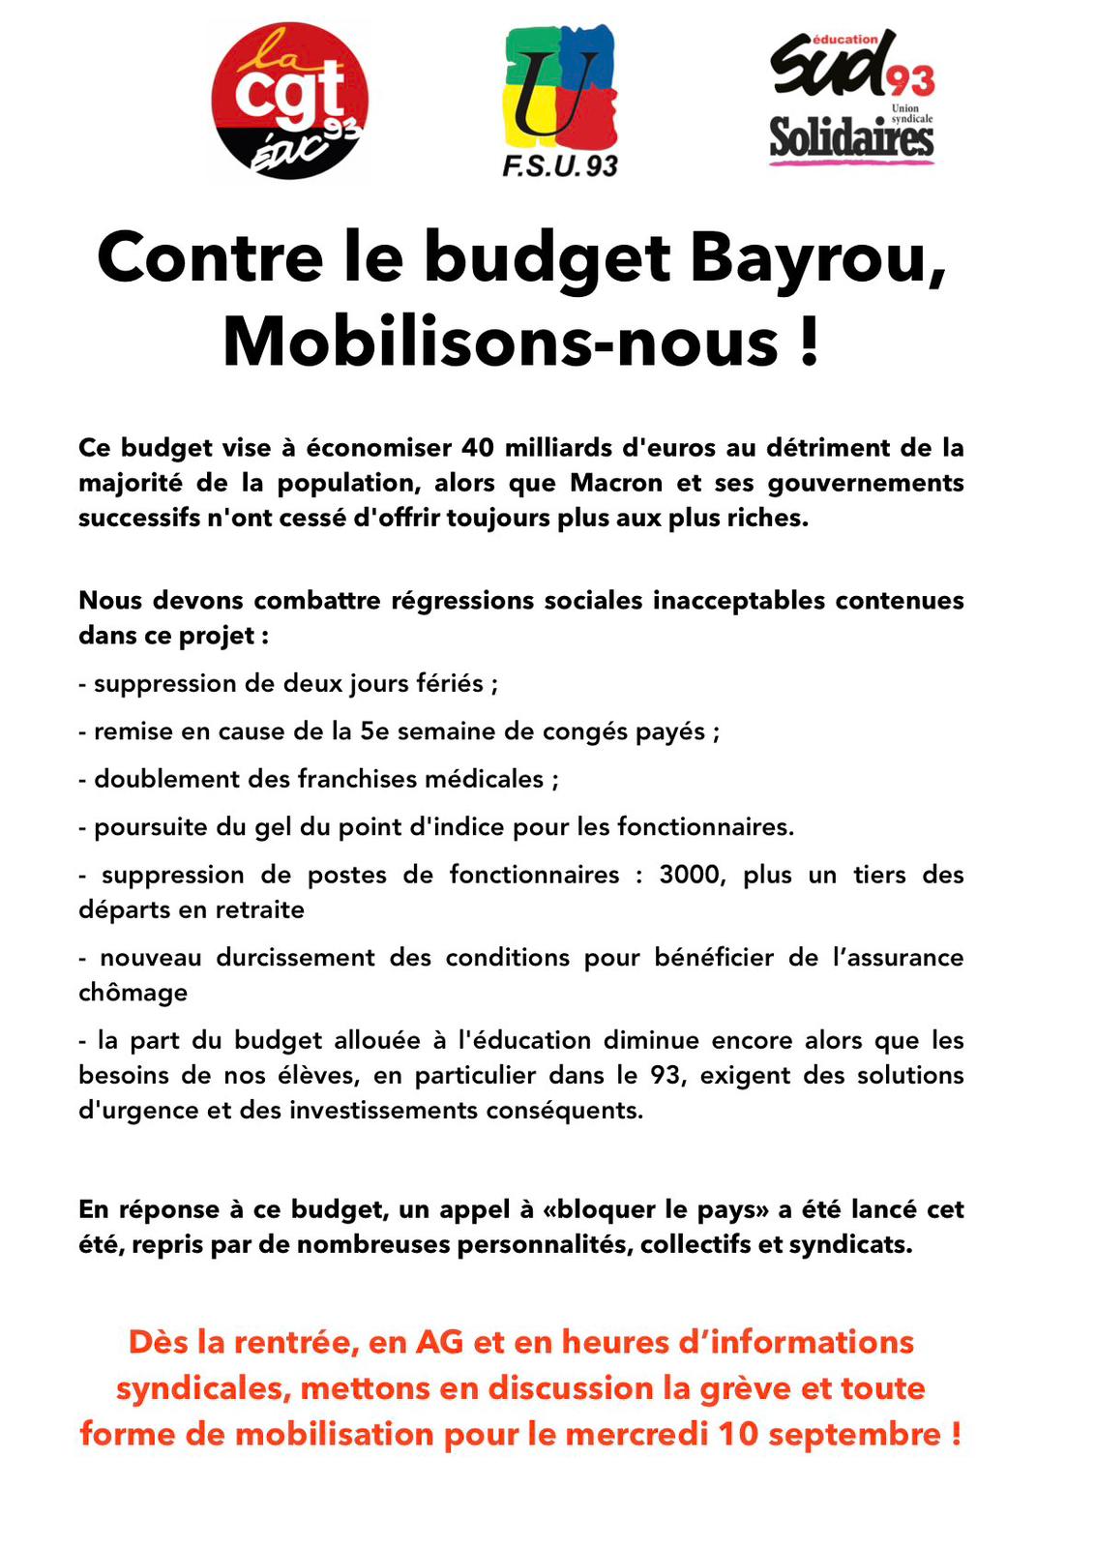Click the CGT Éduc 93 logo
point(289,103)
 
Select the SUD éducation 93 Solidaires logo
point(851,99)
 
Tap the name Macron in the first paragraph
point(616,483)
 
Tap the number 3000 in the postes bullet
point(691,875)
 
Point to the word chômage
point(133,993)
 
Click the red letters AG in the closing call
point(440,1342)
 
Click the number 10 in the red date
point(738,1434)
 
